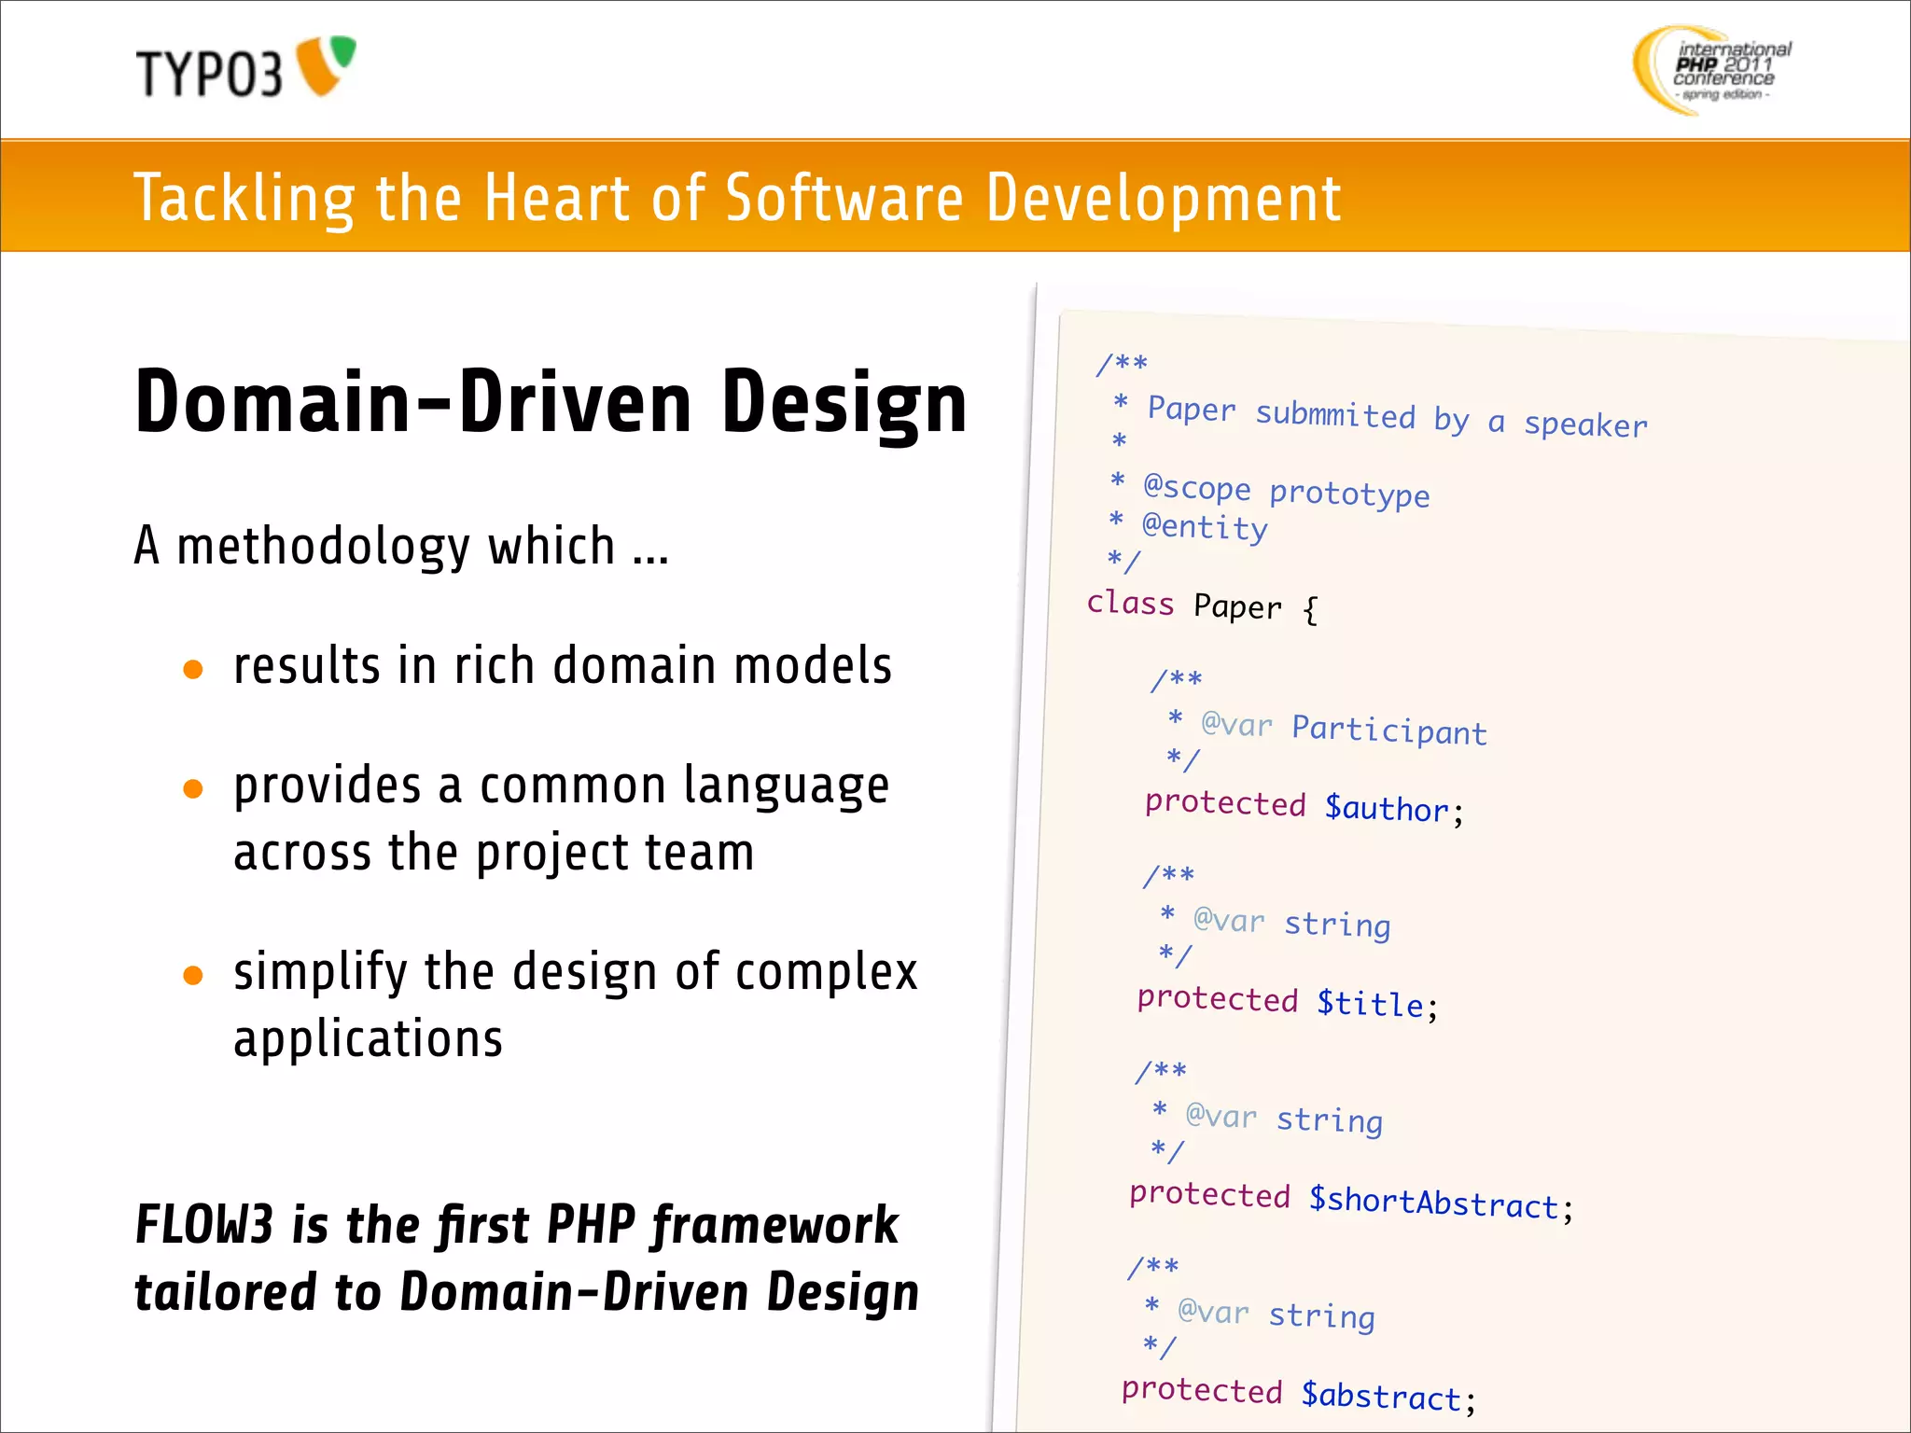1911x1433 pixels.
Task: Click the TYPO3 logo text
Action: click(209, 74)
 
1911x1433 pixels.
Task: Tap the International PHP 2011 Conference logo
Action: click(1712, 70)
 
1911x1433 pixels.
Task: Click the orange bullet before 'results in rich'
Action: click(193, 669)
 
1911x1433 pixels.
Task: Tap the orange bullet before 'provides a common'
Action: click(193, 789)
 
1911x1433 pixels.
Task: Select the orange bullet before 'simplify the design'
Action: click(193, 976)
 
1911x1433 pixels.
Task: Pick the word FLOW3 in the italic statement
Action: click(204, 1224)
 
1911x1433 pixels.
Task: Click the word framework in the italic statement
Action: click(774, 1224)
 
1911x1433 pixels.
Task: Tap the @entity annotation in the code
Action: click(1205, 527)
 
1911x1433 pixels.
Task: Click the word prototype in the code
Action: click(1349, 492)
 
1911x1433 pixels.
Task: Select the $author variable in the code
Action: click(1387, 807)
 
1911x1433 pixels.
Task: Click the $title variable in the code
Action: click(1370, 1003)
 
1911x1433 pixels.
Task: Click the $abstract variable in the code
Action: click(1381, 1396)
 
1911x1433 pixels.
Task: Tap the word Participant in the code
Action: click(1388, 730)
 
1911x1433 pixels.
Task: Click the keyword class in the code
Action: click(1130, 603)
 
